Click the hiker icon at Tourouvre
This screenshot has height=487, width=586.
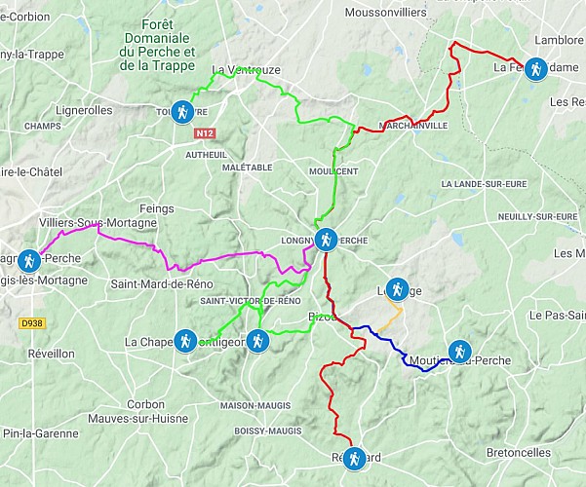pyautogui.click(x=182, y=111)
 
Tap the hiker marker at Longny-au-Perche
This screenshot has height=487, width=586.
pyautogui.click(x=326, y=238)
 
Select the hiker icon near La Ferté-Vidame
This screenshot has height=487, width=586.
pyautogui.click(x=534, y=68)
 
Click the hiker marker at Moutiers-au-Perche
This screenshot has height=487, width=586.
pyautogui.click(x=459, y=352)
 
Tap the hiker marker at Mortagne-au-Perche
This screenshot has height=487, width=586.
pyautogui.click(x=29, y=261)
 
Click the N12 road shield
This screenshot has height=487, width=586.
pyautogui.click(x=204, y=133)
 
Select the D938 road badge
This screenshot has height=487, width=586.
pyautogui.click(x=32, y=322)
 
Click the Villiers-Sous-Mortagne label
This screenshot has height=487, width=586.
pyautogui.click(x=98, y=223)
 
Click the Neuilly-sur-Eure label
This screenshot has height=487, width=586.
pyautogui.click(x=537, y=215)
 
